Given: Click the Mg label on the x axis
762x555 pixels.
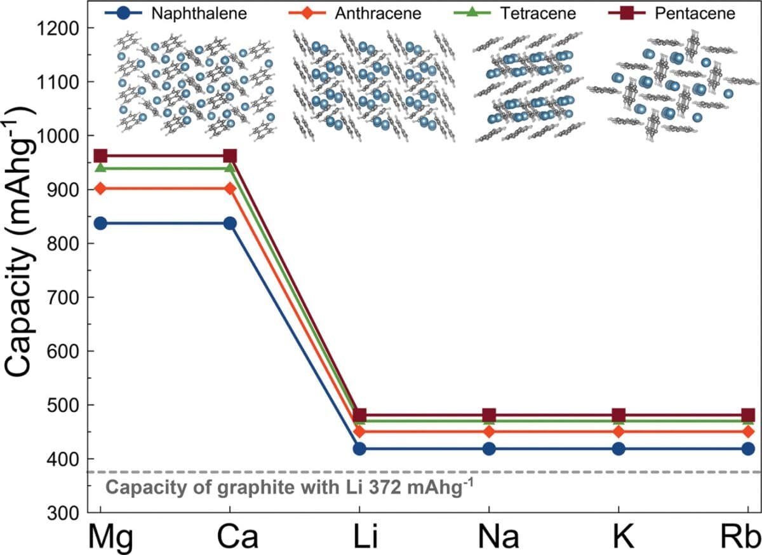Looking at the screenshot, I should pyautogui.click(x=101, y=538).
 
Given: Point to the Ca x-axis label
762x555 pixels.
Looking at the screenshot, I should pyautogui.click(x=229, y=538).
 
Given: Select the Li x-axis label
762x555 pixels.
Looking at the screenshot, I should pyautogui.click(x=360, y=538).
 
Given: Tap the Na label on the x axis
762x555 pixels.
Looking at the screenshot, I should pyautogui.click(x=489, y=538).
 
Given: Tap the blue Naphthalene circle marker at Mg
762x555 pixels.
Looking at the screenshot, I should pyautogui.click(x=100, y=223).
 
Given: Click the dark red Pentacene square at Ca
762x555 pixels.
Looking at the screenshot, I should pyautogui.click(x=230, y=156).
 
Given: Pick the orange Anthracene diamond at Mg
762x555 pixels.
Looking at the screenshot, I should pyautogui.click(x=100, y=189).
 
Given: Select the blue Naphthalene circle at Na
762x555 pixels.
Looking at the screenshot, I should pyautogui.click(x=489, y=449).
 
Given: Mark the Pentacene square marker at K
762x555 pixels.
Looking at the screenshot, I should pyautogui.click(x=618, y=416).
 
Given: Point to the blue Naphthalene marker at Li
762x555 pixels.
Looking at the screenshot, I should pyautogui.click(x=360, y=449).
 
